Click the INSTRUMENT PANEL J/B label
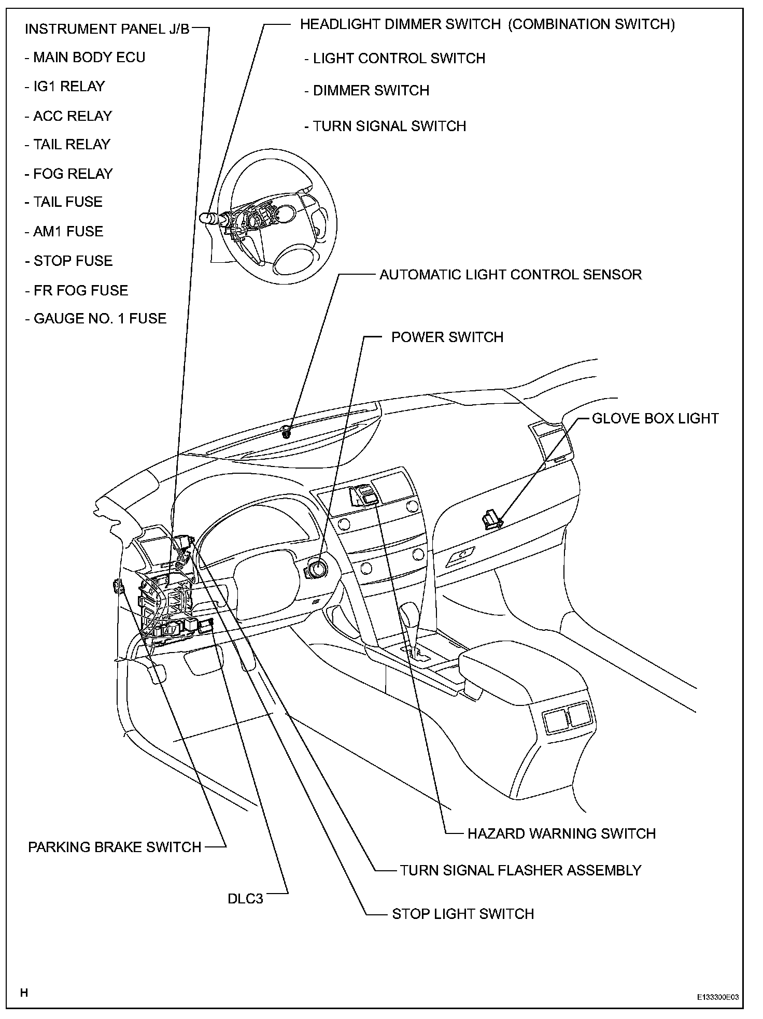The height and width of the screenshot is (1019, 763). [107, 29]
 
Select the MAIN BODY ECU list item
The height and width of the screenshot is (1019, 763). [85, 58]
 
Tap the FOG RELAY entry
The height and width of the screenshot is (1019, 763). [69, 174]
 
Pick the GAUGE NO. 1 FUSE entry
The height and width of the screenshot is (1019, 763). [96, 318]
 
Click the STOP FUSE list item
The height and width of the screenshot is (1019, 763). [69, 261]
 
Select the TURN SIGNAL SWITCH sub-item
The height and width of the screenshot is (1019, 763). [385, 126]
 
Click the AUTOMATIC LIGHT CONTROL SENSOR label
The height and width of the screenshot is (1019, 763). [510, 275]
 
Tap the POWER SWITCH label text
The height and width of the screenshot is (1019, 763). [447, 337]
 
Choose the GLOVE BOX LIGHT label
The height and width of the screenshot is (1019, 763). [655, 419]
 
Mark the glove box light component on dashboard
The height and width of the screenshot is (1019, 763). [492, 518]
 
